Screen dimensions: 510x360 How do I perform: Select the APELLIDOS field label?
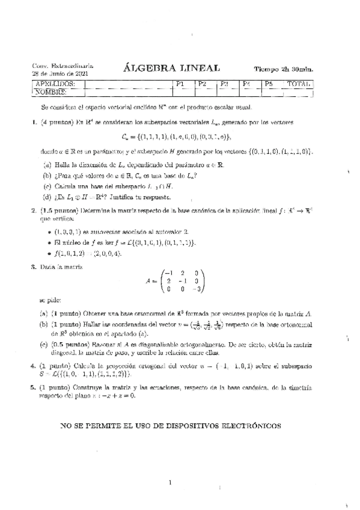[55, 84]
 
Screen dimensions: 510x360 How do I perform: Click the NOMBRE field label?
[51, 93]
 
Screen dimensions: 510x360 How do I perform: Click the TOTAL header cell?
[299, 84]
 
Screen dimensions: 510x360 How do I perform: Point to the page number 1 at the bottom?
[171, 481]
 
